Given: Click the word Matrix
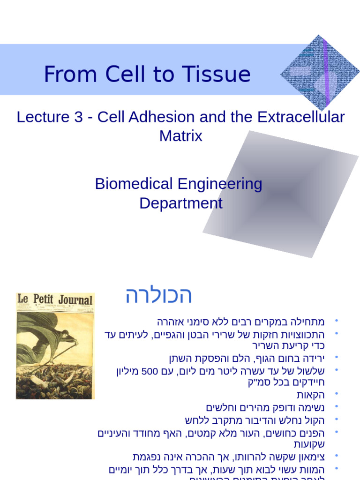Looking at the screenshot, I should pyautogui.click(x=180, y=136).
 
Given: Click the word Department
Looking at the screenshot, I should pyautogui.click(x=180, y=203).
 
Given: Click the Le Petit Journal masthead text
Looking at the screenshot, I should pyautogui.click(x=55, y=300).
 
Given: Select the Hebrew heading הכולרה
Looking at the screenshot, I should pyautogui.click(x=158, y=295).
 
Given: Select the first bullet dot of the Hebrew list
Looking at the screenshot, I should pyautogui.click(x=336, y=322).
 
